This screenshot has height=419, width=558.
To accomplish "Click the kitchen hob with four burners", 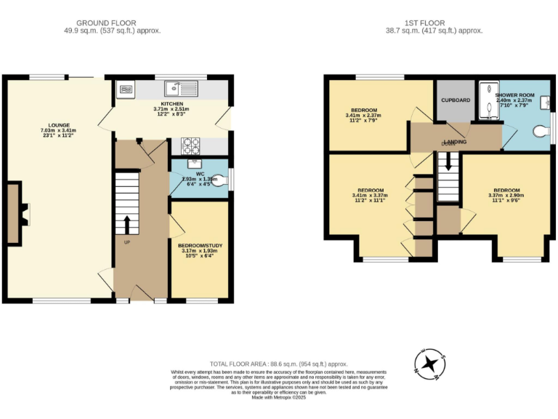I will [190, 145].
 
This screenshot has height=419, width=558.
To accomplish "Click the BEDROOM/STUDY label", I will [200, 246].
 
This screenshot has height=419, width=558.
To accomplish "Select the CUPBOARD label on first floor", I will [456, 100].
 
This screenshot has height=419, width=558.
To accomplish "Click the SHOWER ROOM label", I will [514, 95].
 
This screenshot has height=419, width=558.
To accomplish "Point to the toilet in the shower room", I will [539, 131].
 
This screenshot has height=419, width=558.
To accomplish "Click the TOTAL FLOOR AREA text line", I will [279, 363].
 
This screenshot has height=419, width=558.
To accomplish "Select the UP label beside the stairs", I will [127, 242].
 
